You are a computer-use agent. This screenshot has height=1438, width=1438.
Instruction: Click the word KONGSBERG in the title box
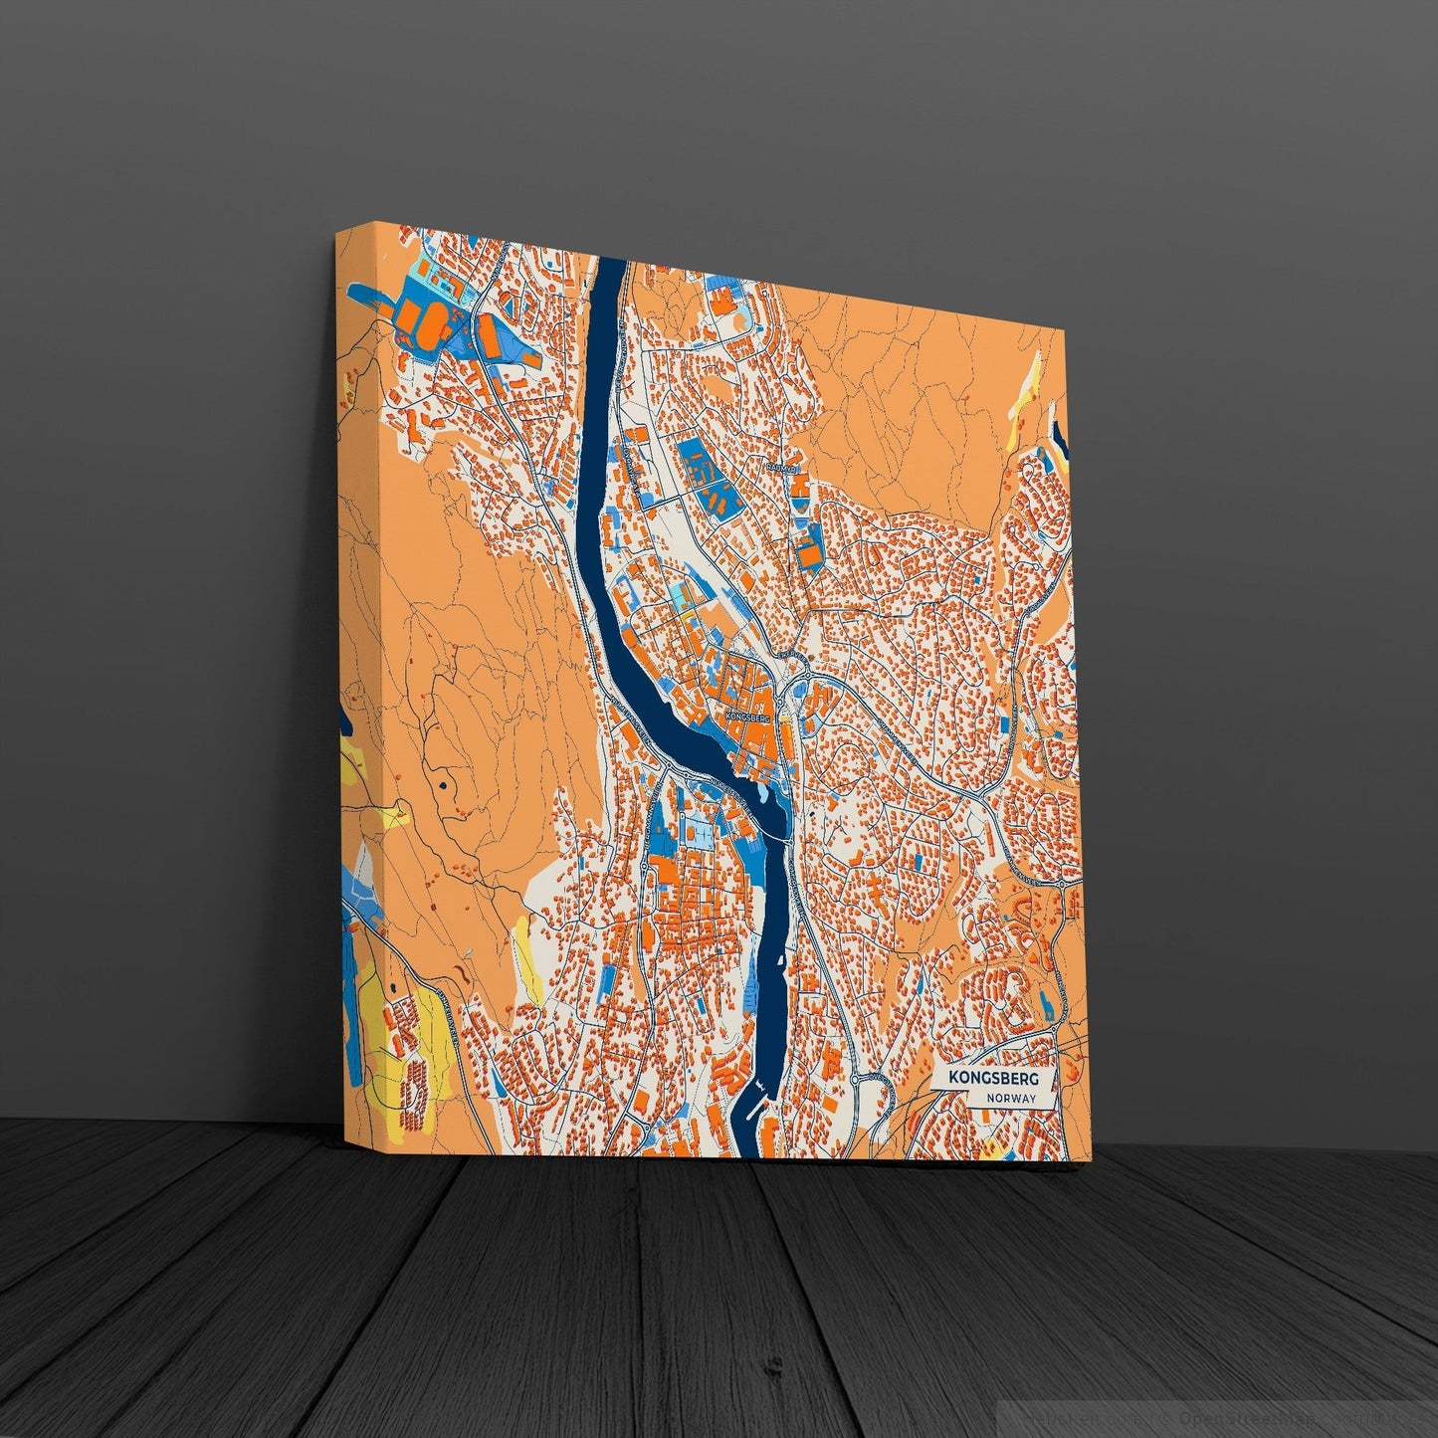click(x=991, y=1078)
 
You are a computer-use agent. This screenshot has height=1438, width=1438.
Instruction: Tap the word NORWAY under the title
click(x=1013, y=1099)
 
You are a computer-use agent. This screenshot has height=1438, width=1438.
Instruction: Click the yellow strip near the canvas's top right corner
click(x=1029, y=393)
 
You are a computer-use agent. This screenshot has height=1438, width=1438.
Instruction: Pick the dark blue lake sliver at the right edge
click(x=1059, y=438)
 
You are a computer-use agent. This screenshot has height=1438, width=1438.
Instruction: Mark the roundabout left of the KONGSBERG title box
click(x=855, y=1079)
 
